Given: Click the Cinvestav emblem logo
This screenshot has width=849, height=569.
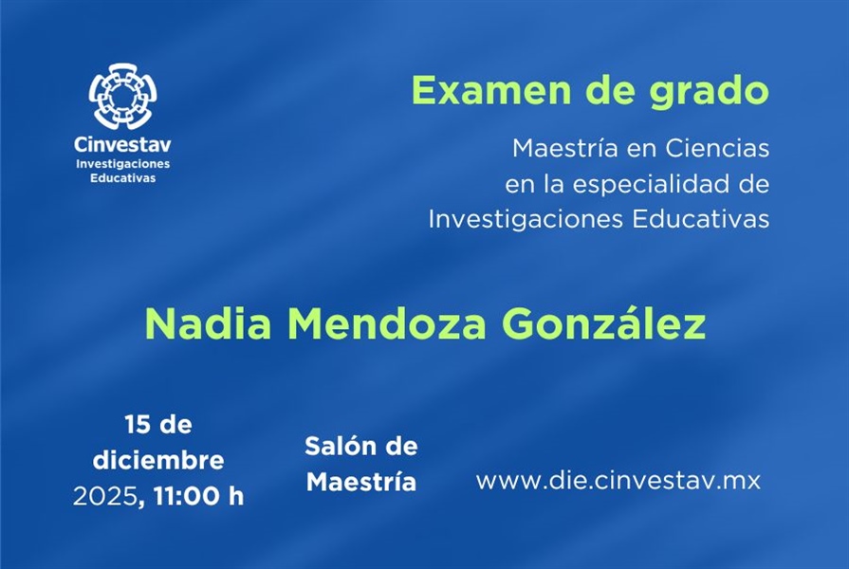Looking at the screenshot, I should tap(123, 97).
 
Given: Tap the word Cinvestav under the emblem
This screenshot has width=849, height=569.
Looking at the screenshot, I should tap(123, 145).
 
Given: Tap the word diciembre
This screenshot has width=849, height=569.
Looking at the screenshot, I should tap(158, 461).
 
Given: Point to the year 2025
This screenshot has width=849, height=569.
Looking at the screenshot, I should tap(104, 496).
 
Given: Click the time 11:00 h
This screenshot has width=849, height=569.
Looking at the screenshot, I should tap(196, 496).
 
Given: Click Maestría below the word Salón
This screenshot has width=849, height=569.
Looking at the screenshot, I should tap(361, 482).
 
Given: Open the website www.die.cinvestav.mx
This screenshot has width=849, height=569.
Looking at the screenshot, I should tap(618, 480).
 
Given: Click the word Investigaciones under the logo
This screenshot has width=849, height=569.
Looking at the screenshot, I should tap(123, 164).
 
